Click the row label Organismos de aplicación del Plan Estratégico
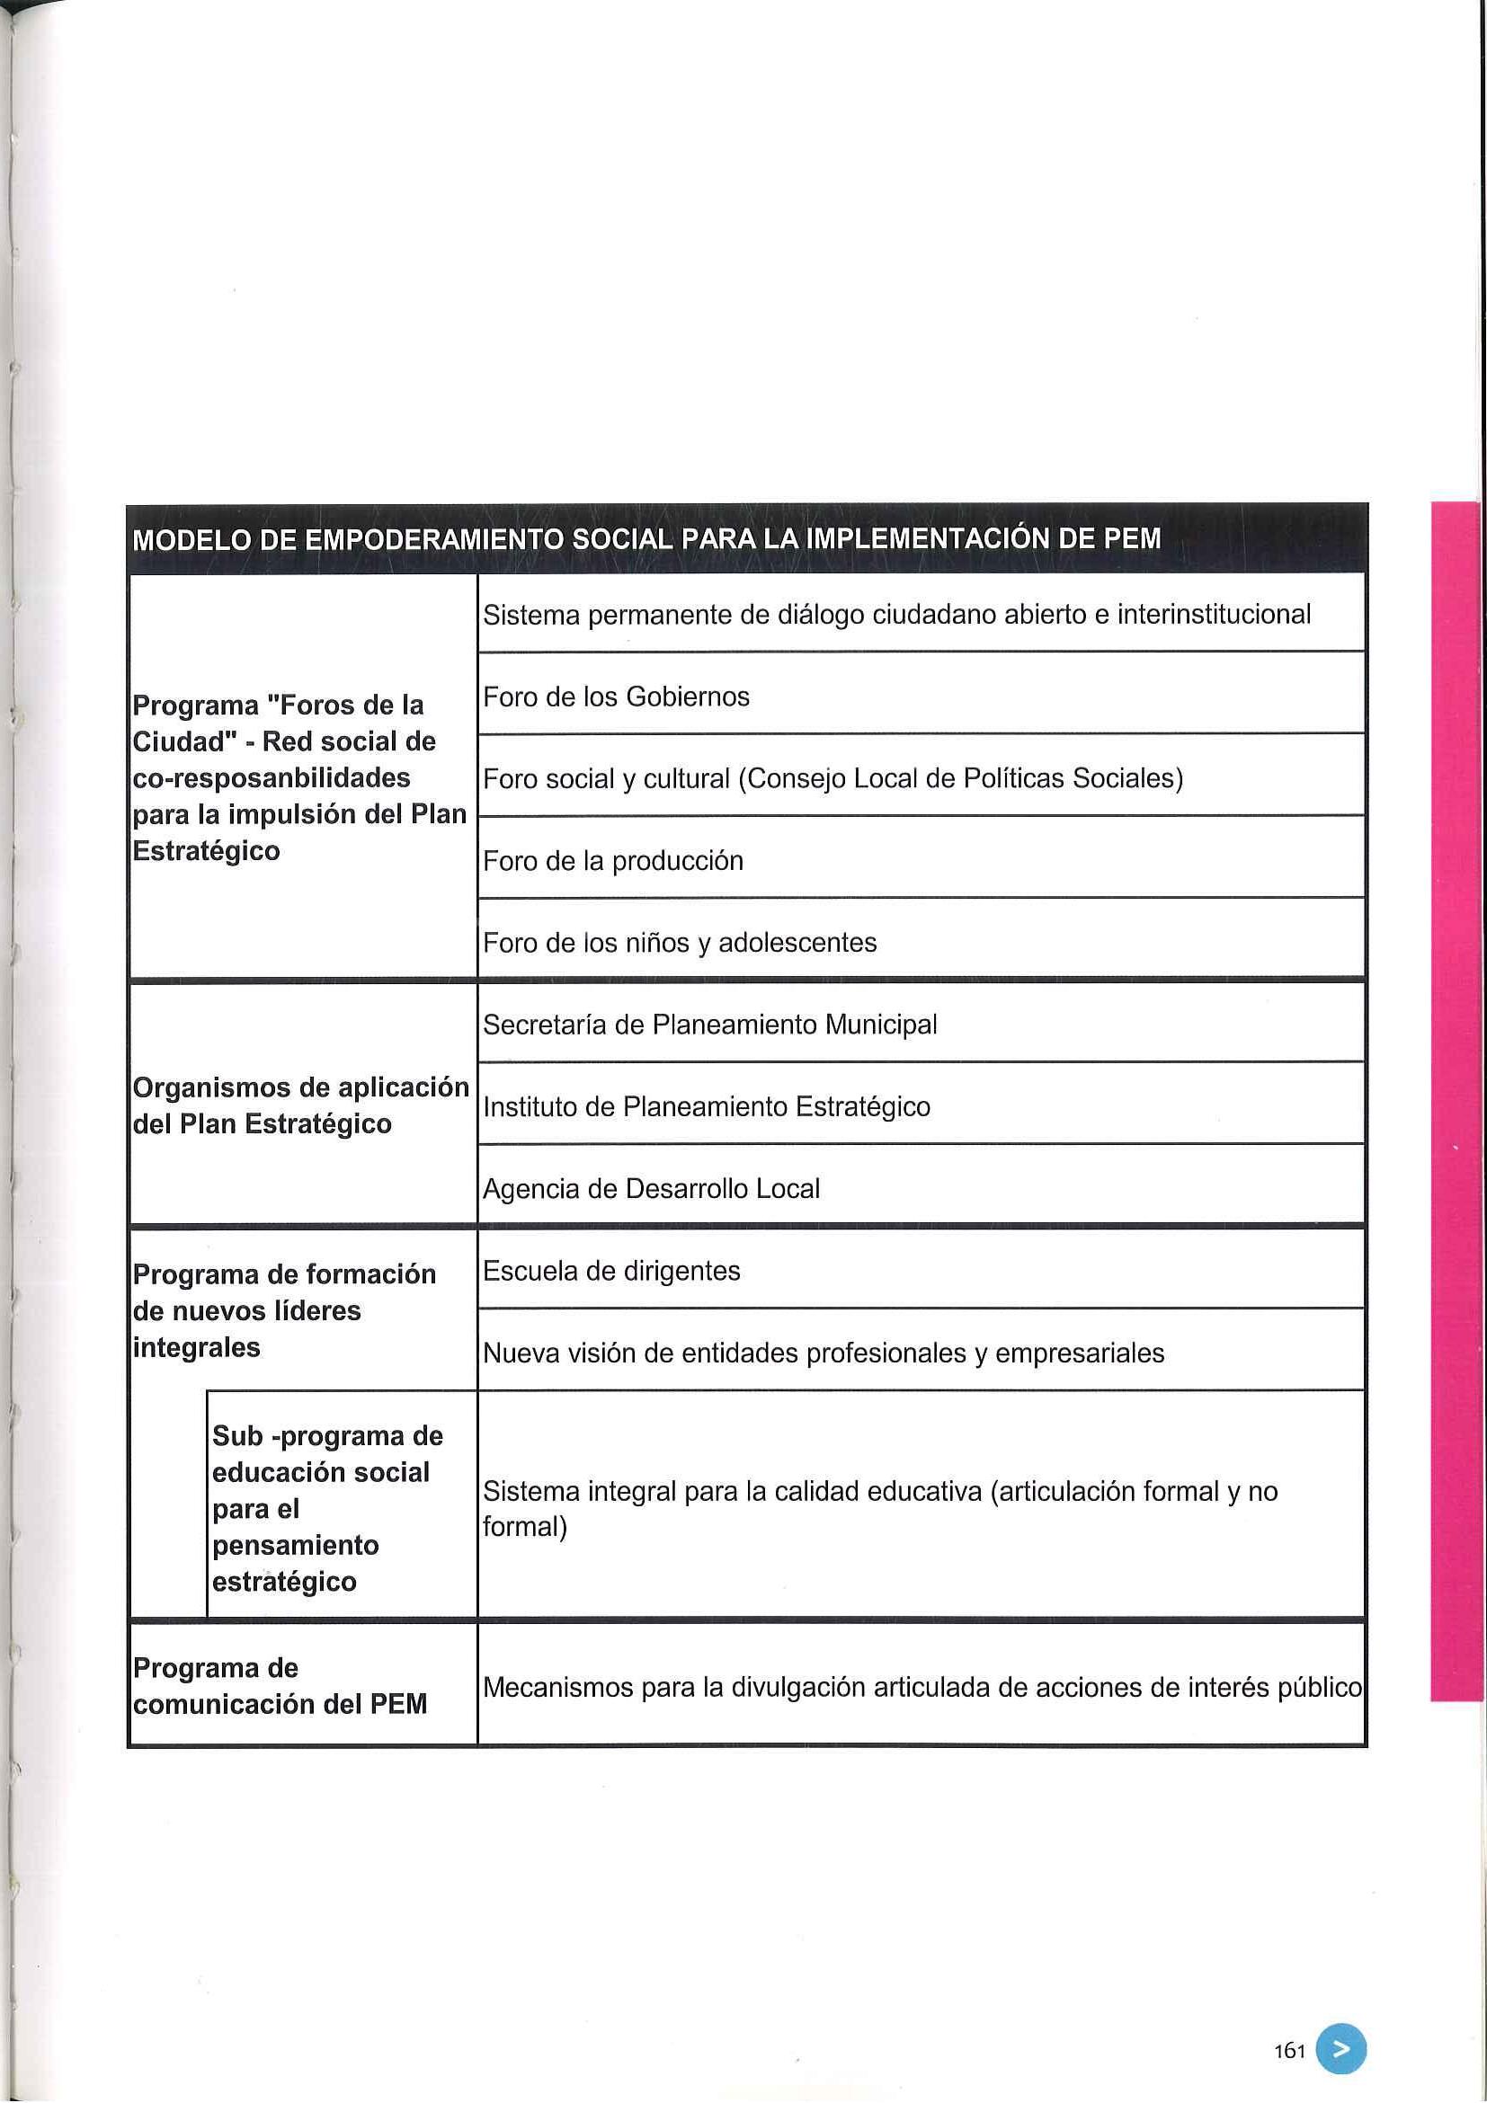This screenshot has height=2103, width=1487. pos(300,1105)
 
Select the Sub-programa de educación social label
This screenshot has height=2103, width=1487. pos(328,1508)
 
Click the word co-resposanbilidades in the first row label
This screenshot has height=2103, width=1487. pos(272,777)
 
